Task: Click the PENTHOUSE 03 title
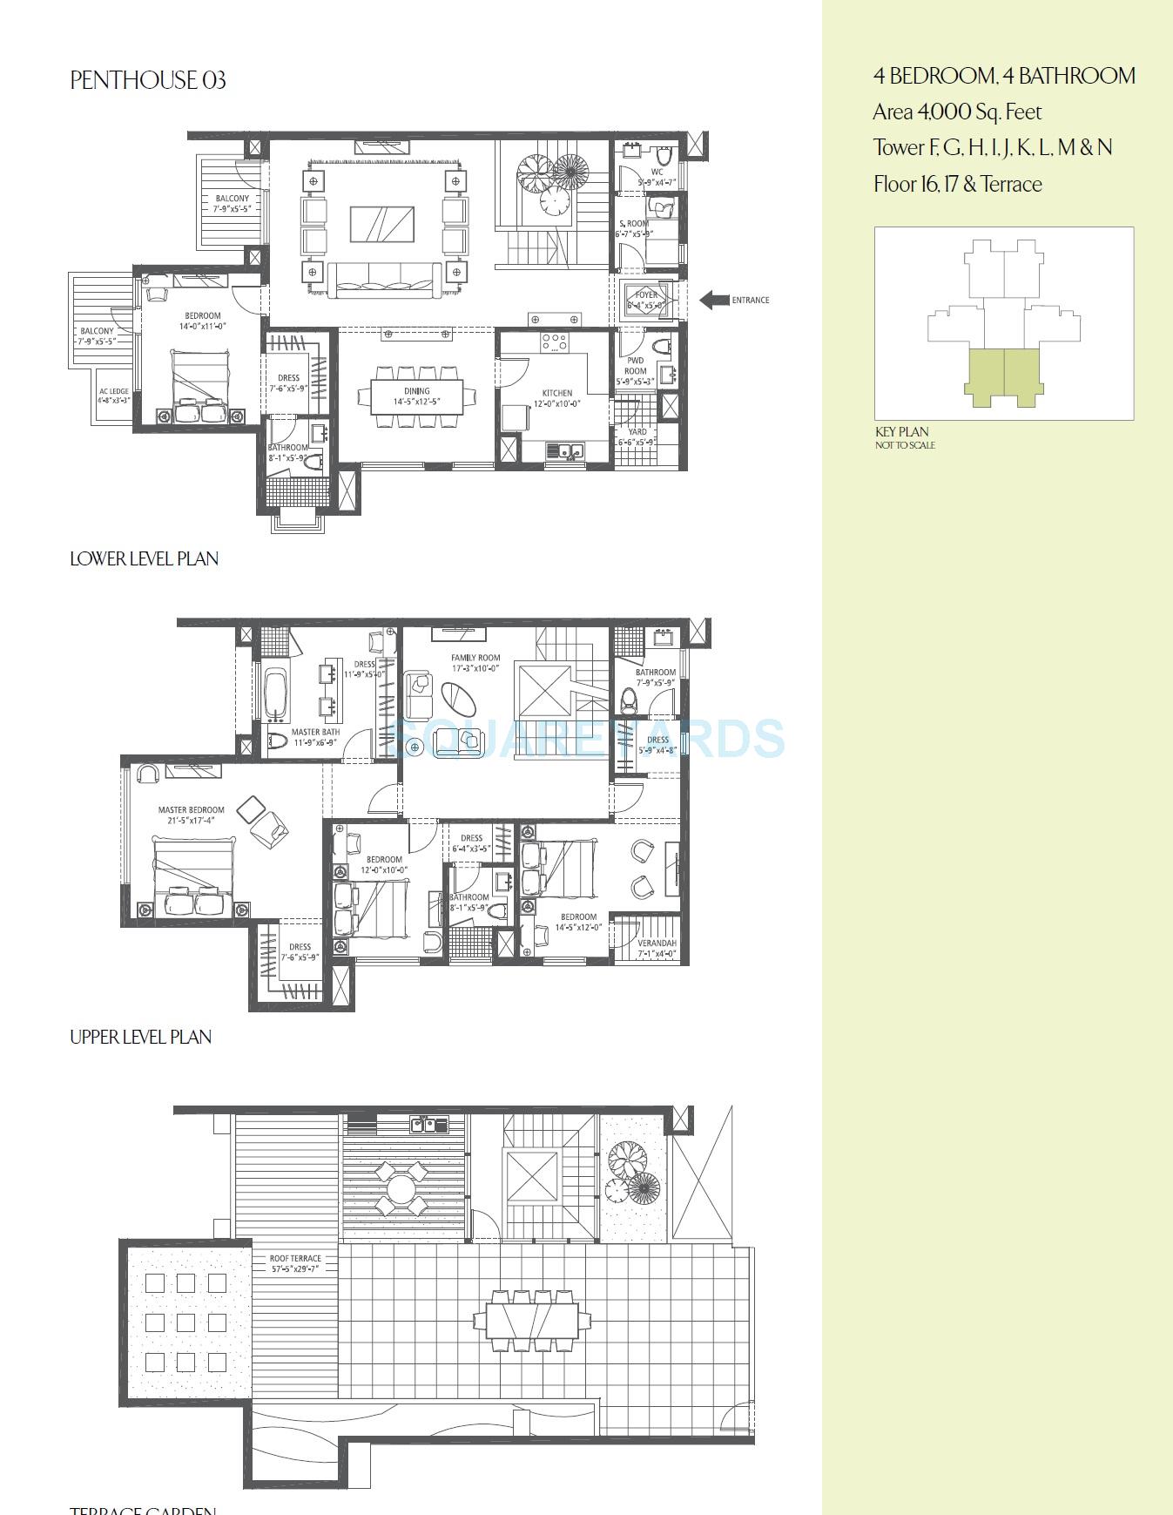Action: pos(148,81)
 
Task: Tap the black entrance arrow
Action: pos(715,300)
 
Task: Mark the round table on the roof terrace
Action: pos(401,1188)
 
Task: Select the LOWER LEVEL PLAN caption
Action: pos(144,558)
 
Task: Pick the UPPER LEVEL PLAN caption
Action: pos(140,1037)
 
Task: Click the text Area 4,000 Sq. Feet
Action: pos(957,112)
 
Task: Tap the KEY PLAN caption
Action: pos(902,432)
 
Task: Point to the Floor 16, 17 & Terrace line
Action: pos(957,185)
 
